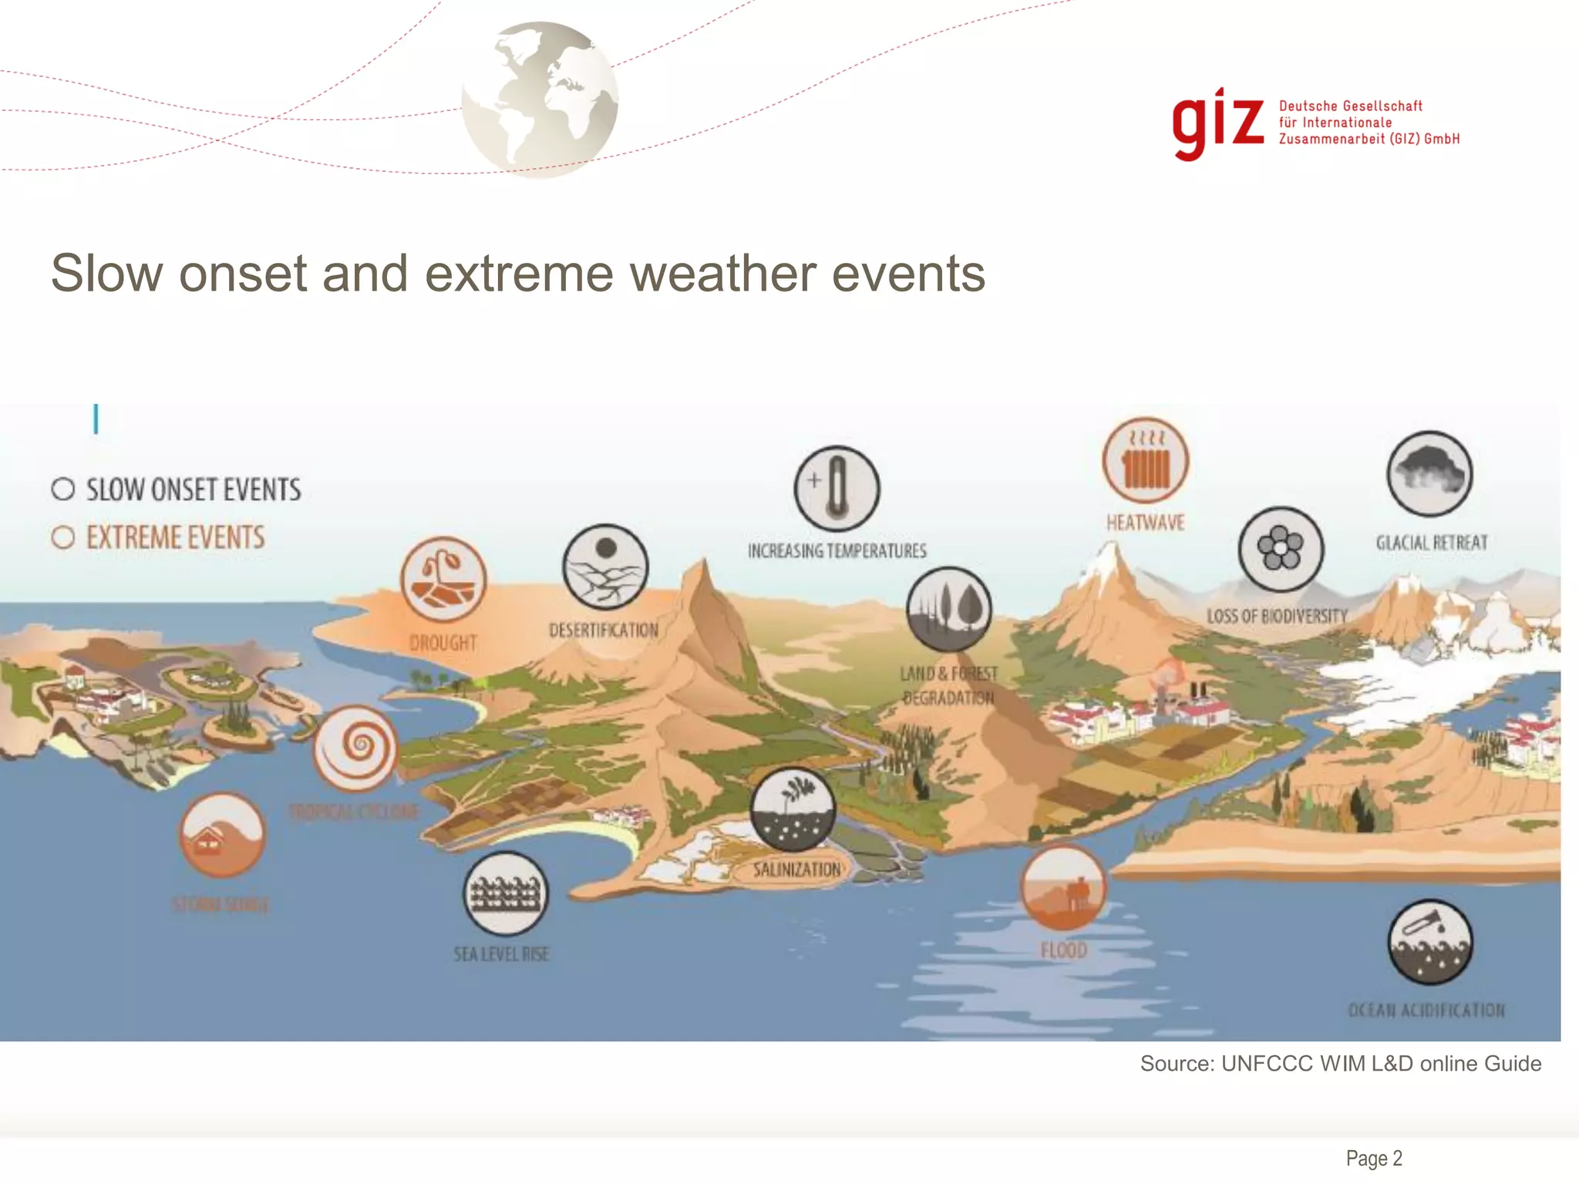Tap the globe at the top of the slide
click(540, 99)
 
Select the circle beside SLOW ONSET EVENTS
click(63, 489)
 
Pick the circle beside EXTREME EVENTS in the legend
click(63, 537)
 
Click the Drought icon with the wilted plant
click(443, 580)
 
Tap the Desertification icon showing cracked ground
click(605, 567)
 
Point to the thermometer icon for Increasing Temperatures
click(837, 489)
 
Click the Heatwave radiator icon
click(1145, 461)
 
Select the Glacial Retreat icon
click(1429, 473)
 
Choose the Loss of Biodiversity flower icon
click(1281, 549)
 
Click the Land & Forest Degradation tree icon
click(948, 609)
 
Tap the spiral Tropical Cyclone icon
click(356, 747)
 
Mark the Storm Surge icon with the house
click(222, 835)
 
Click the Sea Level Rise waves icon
click(505, 893)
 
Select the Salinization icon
click(793, 809)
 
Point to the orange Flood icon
click(1063, 888)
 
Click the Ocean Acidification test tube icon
click(1429, 942)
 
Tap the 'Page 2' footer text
click(1373, 1158)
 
